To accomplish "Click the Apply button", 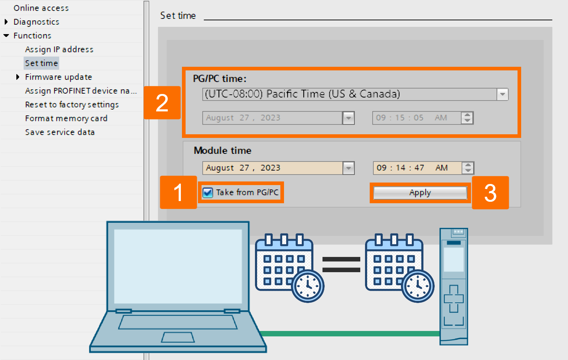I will click(420, 193).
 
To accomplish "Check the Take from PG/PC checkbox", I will click(208, 192).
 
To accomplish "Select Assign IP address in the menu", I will click(59, 49).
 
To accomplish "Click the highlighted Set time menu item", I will click(41, 63).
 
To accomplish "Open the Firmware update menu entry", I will click(58, 77).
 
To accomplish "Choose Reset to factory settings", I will click(72, 105).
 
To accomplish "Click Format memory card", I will click(66, 118).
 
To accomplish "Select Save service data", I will click(60, 132).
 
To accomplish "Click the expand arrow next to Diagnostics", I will click(6, 22).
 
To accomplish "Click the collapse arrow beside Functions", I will click(6, 36).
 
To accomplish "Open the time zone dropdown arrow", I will click(502, 94).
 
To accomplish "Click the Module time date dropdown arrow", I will click(349, 168).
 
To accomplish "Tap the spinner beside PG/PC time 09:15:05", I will click(467, 118).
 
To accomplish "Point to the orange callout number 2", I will click(162, 103).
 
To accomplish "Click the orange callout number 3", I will click(490, 193).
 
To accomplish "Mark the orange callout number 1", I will click(178, 192).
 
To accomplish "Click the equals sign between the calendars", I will click(341, 264).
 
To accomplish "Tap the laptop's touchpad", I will click(178, 337).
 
